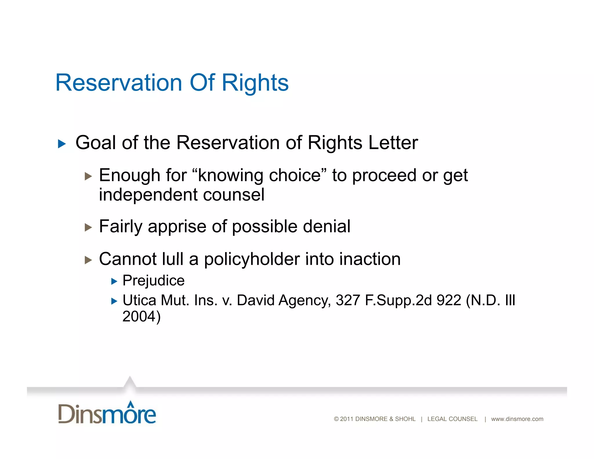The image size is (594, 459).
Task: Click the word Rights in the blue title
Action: point(255,83)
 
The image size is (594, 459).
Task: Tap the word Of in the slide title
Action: point(202,83)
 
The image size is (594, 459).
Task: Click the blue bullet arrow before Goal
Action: point(62,144)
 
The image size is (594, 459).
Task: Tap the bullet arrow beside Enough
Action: point(88,176)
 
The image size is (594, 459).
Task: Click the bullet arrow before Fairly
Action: point(88,227)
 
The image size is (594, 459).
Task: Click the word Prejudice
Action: point(153,281)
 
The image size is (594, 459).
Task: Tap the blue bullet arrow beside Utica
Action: point(114,301)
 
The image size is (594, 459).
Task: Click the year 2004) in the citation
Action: point(141,317)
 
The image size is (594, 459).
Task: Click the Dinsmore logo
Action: point(107,413)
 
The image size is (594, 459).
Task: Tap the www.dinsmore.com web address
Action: point(517,419)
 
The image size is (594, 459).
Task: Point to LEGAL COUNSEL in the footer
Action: point(452,419)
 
